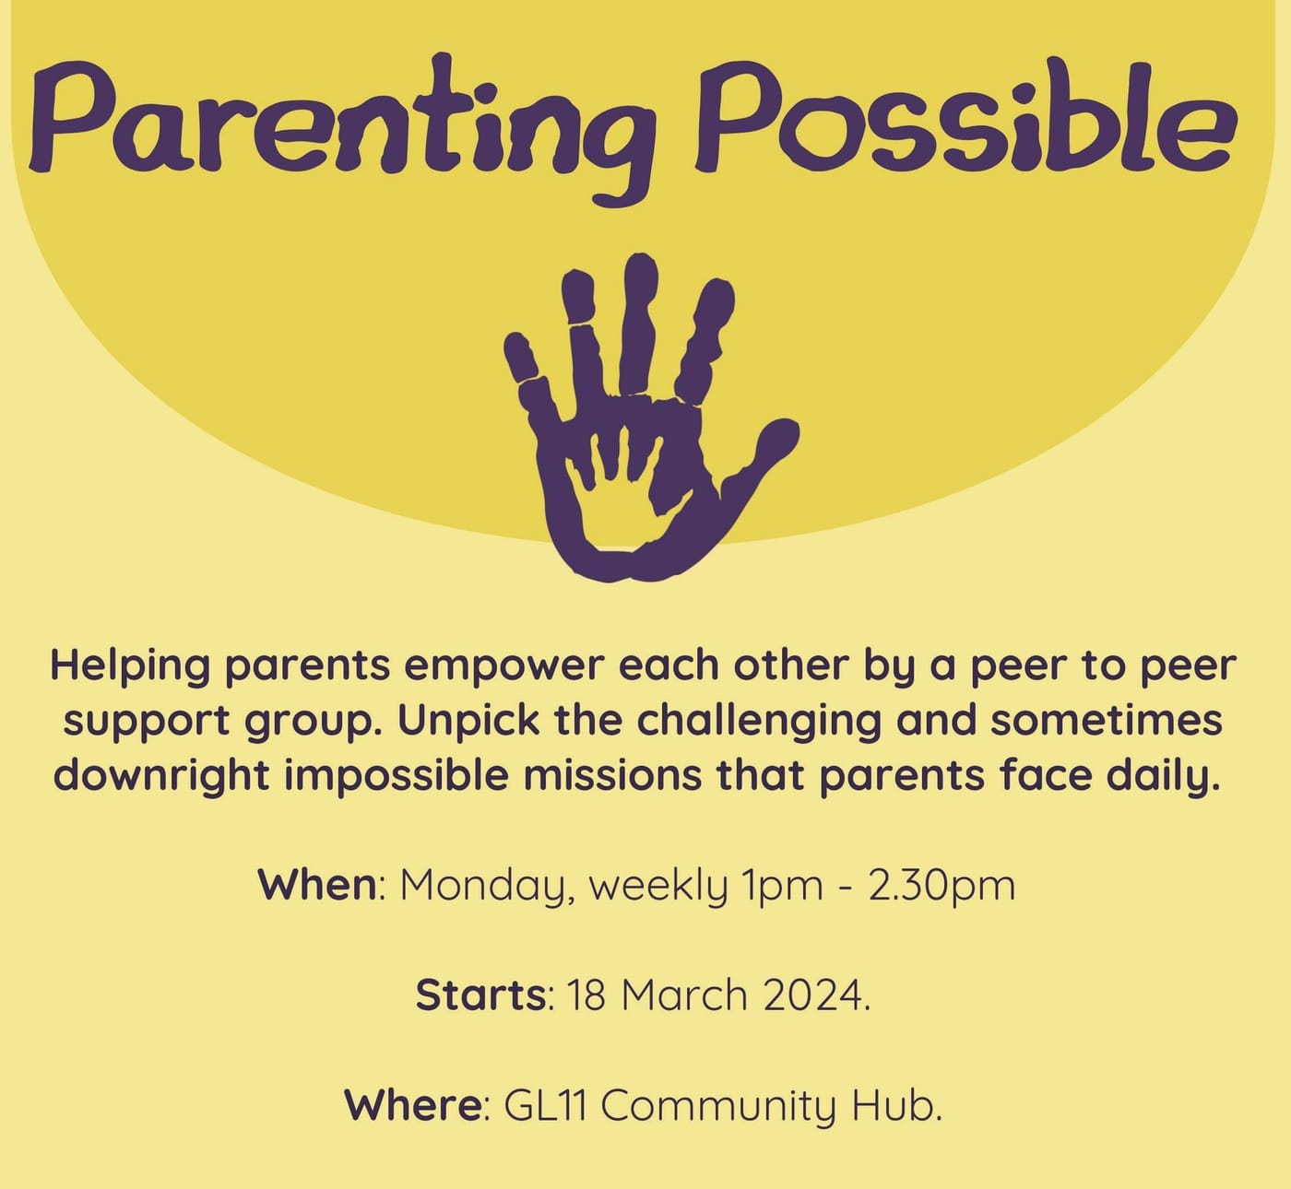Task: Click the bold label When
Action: click(x=316, y=886)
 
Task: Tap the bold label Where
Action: click(x=412, y=1104)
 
